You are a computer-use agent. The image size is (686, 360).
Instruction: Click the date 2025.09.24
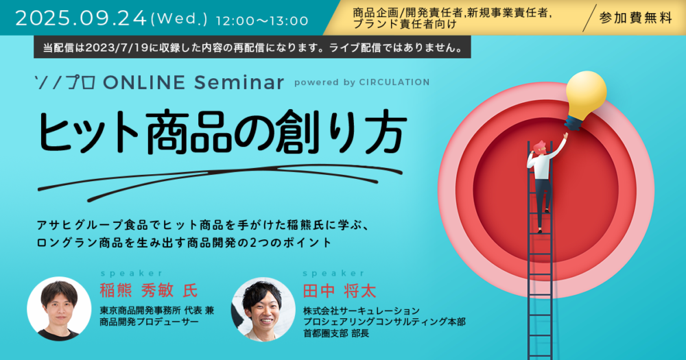[x=81, y=19]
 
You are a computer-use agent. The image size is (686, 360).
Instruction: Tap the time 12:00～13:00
[x=262, y=21]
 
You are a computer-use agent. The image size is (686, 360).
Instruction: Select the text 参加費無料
[x=635, y=18]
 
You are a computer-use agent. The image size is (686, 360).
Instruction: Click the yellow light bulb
[x=585, y=99]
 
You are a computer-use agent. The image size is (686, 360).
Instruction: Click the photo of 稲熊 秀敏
[x=59, y=309]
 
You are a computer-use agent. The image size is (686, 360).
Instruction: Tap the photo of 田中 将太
[x=263, y=309]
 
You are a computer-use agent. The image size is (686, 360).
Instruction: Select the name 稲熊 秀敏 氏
[x=148, y=291]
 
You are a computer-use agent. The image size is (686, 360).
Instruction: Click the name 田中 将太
[x=340, y=291]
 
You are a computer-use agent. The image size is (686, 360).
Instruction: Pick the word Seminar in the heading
[x=239, y=82]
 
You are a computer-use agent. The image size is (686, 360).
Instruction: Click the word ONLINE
[x=144, y=82]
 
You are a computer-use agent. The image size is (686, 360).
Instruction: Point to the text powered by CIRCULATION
[x=362, y=82]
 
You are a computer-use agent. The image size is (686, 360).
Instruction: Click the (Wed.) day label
[x=178, y=20]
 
